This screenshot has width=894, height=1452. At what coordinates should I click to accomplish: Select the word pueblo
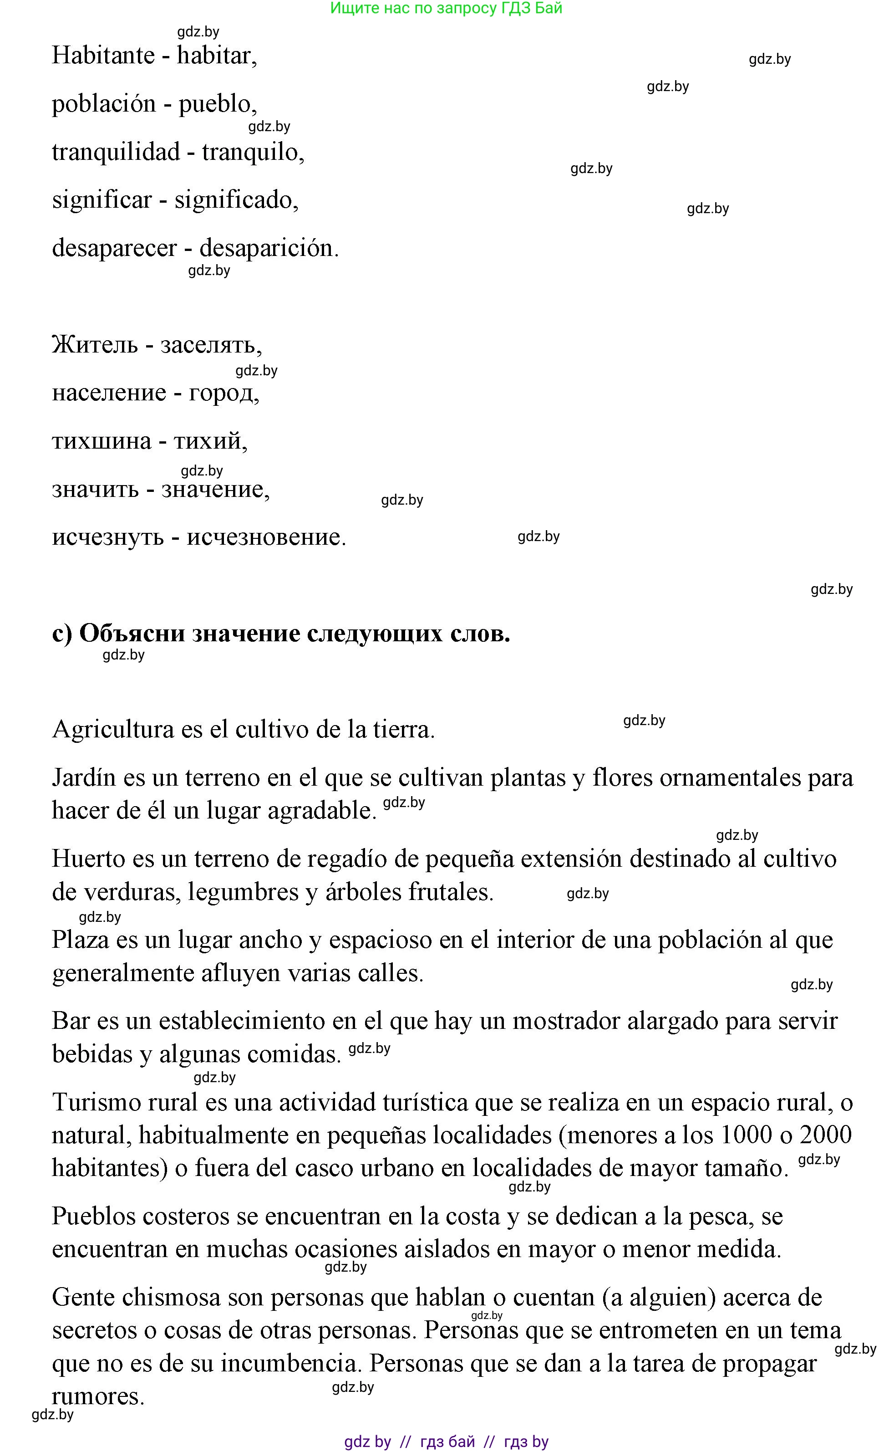pyautogui.click(x=218, y=104)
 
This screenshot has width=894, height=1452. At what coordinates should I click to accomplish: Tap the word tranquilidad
pyautogui.click(x=116, y=152)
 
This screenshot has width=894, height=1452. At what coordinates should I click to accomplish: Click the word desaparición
pyautogui.click(x=269, y=248)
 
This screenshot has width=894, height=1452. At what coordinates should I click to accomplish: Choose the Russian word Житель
pyautogui.click(x=95, y=344)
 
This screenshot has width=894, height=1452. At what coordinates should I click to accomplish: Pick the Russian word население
pyautogui.click(x=109, y=393)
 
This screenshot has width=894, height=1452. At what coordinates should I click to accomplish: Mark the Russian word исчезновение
pyautogui.click(x=266, y=537)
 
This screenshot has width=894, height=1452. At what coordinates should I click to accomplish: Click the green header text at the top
pyautogui.click(x=447, y=8)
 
